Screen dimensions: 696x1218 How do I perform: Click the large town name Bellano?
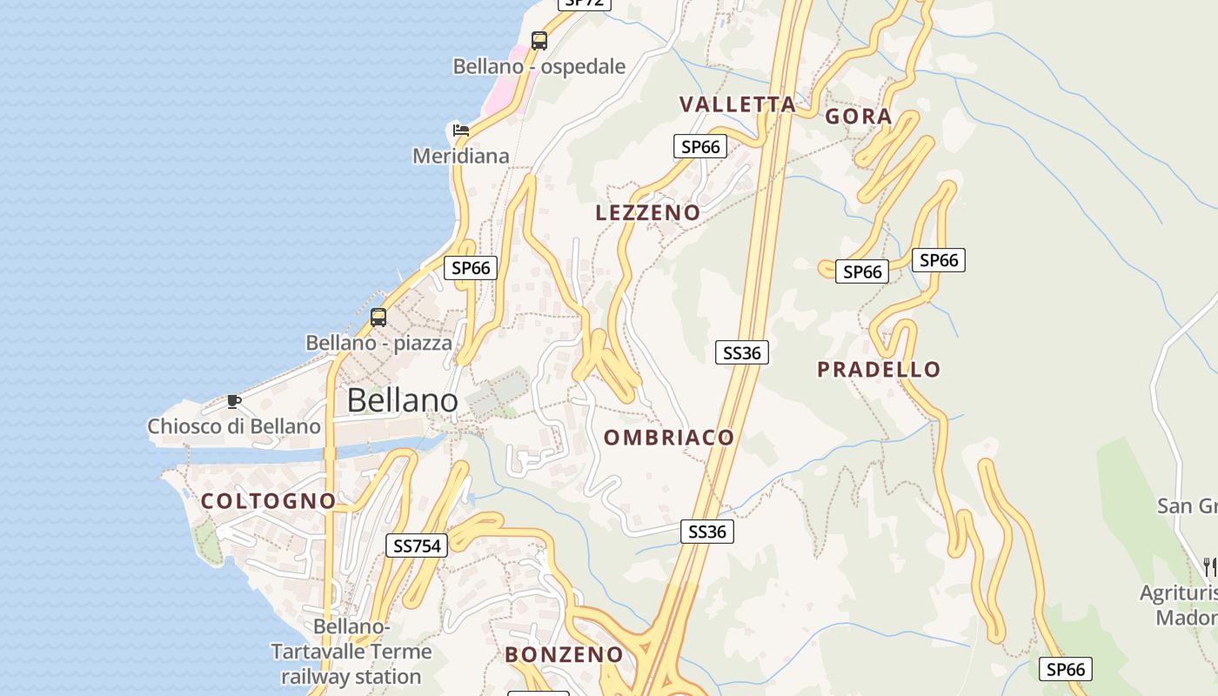click(x=402, y=400)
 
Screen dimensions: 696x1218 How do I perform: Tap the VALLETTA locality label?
click(x=737, y=104)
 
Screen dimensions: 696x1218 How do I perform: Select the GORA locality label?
click(x=858, y=117)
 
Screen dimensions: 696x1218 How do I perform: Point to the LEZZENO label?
click(x=647, y=213)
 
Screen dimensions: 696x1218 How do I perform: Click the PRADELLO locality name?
click(x=879, y=370)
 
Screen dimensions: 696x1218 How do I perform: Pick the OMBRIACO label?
click(x=669, y=438)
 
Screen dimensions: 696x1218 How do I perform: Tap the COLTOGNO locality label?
click(x=268, y=501)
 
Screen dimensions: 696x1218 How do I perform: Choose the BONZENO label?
click(x=564, y=655)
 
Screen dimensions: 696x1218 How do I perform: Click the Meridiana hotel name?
click(x=460, y=157)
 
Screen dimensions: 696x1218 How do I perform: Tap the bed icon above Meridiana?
click(x=461, y=130)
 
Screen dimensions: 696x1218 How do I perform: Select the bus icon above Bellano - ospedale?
click(x=539, y=40)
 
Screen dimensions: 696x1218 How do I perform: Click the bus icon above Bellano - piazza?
click(x=378, y=317)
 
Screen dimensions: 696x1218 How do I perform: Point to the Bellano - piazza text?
click(x=378, y=343)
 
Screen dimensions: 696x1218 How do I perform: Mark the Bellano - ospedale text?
click(x=539, y=67)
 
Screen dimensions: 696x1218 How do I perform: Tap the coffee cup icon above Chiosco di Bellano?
click(x=233, y=401)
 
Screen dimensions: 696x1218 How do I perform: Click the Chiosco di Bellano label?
click(x=234, y=426)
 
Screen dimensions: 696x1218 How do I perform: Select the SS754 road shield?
click(x=418, y=545)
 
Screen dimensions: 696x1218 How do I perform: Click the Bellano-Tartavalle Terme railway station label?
click(x=351, y=652)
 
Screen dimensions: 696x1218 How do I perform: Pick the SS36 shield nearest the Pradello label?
click(x=741, y=352)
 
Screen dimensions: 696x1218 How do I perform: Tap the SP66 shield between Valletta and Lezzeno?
click(x=700, y=146)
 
